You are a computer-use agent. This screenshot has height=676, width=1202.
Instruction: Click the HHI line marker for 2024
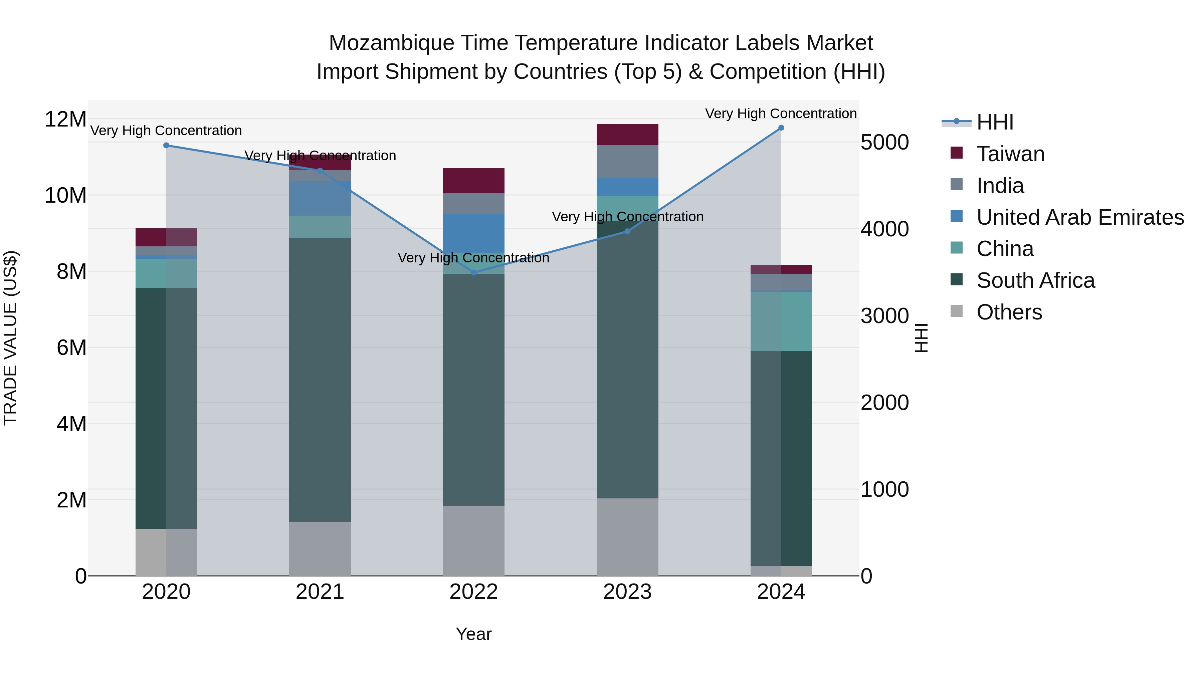tap(781, 128)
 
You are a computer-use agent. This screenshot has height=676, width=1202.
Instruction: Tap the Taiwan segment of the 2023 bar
tap(627, 134)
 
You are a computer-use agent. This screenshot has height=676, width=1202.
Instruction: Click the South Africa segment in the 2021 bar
tap(320, 380)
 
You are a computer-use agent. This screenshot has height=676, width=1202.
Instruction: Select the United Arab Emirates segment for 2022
tap(473, 233)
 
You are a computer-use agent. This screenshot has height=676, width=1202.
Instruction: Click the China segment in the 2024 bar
tap(781, 321)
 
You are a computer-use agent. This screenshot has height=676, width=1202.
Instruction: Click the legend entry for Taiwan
tap(1010, 154)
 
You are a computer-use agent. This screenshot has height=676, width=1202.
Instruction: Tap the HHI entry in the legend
tap(994, 122)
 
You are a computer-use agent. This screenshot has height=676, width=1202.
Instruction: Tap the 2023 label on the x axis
tap(627, 592)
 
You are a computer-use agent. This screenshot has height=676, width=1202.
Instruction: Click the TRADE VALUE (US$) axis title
tap(10, 338)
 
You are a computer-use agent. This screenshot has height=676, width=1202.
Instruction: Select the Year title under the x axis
tap(473, 634)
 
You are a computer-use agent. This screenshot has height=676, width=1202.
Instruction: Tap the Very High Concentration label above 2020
tap(166, 131)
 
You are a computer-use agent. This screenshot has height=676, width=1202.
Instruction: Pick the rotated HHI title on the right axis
tap(921, 338)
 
